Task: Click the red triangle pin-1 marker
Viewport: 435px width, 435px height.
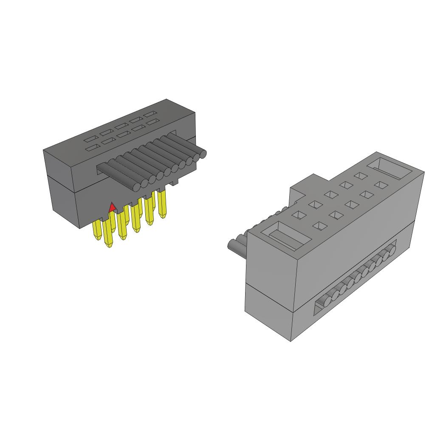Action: pyautogui.click(x=112, y=207)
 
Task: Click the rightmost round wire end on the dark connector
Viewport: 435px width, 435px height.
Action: pyautogui.click(x=202, y=154)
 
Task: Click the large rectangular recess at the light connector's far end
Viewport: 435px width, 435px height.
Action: pyautogui.click(x=390, y=168)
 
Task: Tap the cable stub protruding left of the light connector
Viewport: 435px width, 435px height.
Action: pyautogui.click(x=235, y=246)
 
